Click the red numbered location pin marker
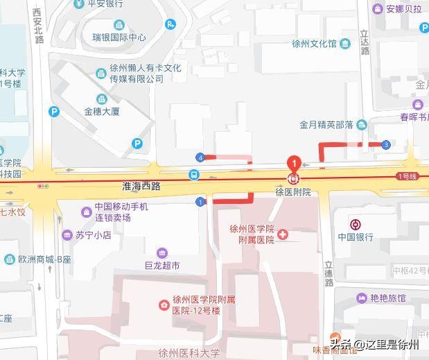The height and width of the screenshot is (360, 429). click(x=294, y=164)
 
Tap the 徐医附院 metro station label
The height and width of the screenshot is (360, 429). click(x=292, y=192)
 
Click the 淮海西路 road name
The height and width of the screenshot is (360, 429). click(x=141, y=186)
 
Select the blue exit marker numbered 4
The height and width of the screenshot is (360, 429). click(x=200, y=157)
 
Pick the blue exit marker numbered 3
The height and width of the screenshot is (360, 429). click(x=385, y=144)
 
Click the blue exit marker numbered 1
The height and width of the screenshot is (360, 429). click(x=200, y=202)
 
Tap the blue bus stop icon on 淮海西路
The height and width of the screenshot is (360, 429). click(x=195, y=175)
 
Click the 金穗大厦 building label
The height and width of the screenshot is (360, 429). click(x=103, y=111)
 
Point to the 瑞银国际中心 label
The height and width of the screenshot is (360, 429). click(x=121, y=37)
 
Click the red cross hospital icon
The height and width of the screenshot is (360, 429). click(x=283, y=237)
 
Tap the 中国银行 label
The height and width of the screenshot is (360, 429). click(x=356, y=237)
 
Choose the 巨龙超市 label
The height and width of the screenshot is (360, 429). click(x=162, y=265)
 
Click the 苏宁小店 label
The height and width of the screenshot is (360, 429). click(x=94, y=235)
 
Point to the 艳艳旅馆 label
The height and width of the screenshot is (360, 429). click(x=388, y=298)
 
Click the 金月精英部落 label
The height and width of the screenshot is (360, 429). click(x=327, y=125)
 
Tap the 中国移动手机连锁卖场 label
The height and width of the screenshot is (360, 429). click(x=121, y=212)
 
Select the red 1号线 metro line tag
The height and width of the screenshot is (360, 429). click(x=406, y=176)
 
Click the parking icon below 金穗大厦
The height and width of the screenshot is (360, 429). click(x=137, y=144)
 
